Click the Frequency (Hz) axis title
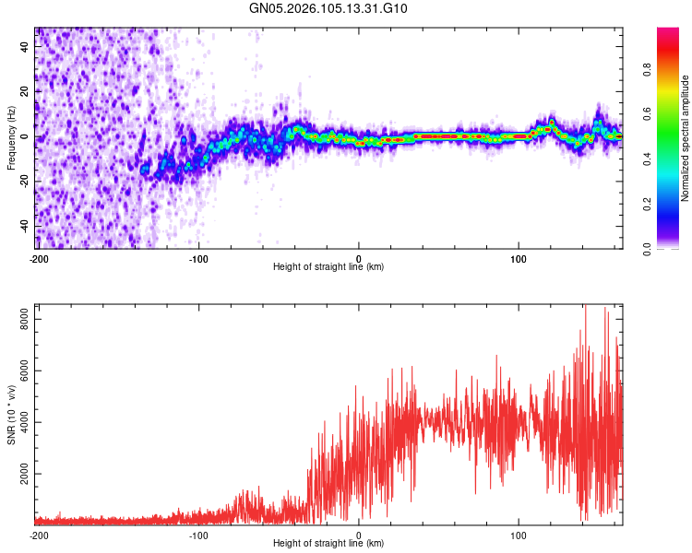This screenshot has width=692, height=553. pos(11,138)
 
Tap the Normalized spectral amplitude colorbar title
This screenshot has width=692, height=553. pos(686,138)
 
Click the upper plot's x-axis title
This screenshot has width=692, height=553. pos(328,266)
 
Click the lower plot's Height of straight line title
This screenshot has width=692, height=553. pos(328,543)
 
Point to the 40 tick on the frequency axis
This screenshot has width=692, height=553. pos(24,47)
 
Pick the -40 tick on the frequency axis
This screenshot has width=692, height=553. pos(22,227)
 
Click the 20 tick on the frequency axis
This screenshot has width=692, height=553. pos(24,92)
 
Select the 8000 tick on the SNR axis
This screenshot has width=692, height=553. pos(19,318)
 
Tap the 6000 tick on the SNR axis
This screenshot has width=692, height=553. pos(19,371)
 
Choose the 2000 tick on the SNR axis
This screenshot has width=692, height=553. pos(19,475)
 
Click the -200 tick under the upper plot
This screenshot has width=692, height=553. pos(39,257)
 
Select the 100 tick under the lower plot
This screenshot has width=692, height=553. pos(519,534)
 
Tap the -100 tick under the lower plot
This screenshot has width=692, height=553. pos(198,534)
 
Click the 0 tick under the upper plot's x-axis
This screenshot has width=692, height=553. pos(359,257)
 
